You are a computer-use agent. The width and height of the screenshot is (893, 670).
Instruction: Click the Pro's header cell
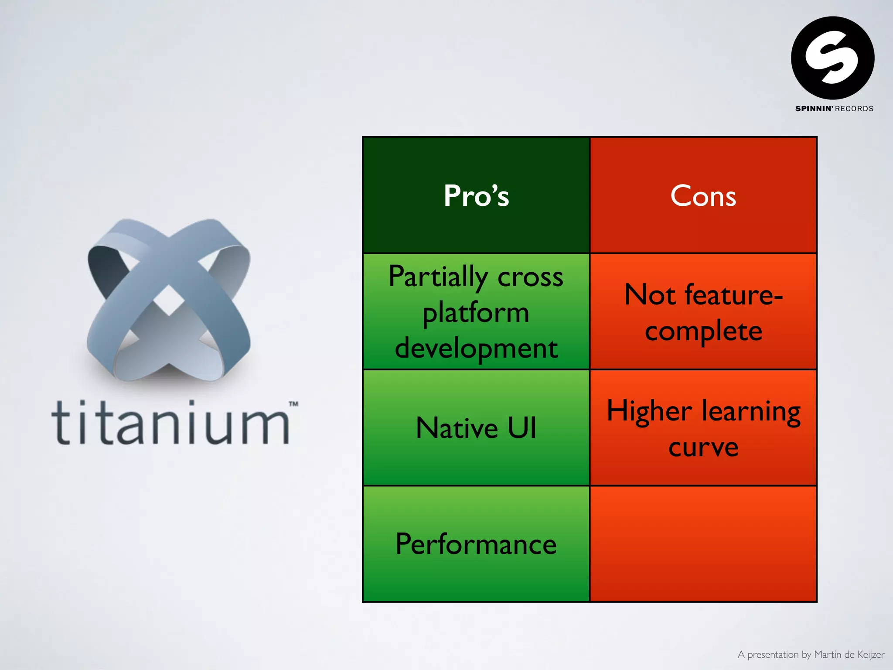click(476, 195)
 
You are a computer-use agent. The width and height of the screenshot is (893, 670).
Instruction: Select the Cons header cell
click(703, 195)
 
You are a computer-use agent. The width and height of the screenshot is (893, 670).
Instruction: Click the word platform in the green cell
click(476, 313)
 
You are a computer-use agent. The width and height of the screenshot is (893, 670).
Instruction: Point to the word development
click(476, 348)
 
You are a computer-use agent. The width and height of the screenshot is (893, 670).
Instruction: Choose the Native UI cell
click(476, 427)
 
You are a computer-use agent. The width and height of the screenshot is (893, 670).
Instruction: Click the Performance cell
click(476, 544)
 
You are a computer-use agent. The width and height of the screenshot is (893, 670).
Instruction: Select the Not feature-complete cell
click(703, 312)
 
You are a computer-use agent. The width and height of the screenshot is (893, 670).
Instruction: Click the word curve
click(703, 447)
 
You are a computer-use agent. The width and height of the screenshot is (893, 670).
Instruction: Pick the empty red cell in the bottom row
click(703, 544)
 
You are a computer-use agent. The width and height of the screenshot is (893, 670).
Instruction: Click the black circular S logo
click(832, 58)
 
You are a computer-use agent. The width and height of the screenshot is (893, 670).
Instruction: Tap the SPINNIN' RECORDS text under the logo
click(834, 109)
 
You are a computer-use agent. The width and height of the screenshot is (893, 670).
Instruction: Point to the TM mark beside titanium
click(293, 404)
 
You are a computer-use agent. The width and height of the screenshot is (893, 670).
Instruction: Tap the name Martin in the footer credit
click(828, 654)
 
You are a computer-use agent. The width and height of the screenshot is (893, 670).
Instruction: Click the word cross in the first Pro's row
click(530, 277)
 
